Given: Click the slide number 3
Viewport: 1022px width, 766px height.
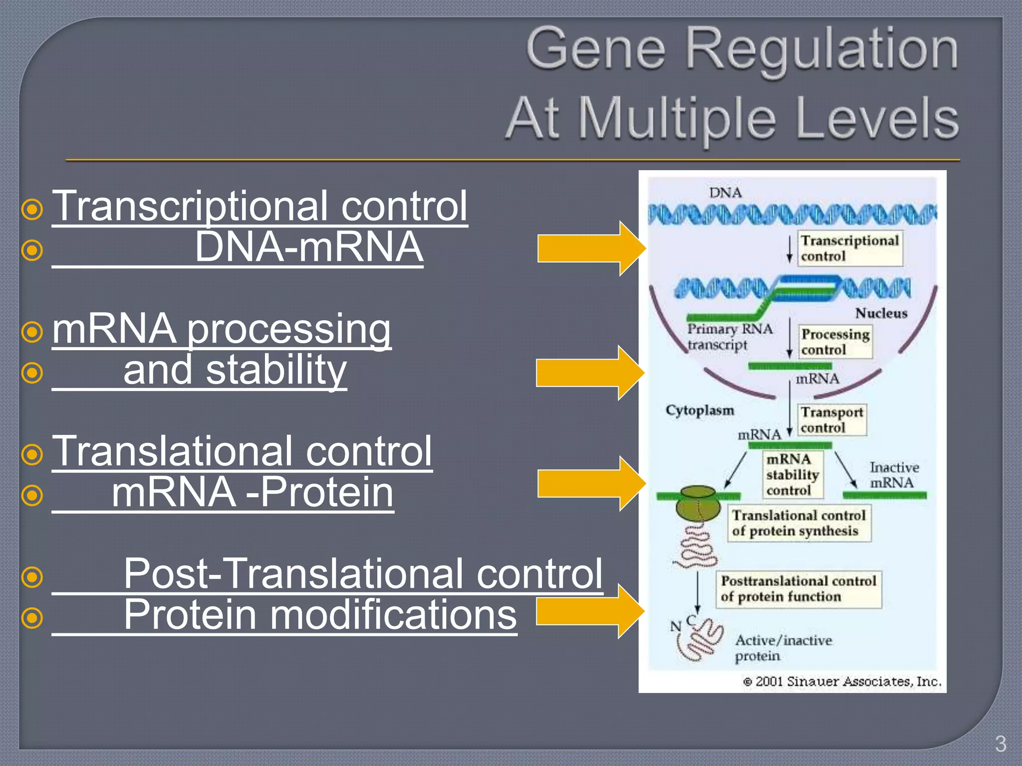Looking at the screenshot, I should [x=1000, y=744].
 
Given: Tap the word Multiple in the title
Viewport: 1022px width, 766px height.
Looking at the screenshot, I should [x=677, y=119].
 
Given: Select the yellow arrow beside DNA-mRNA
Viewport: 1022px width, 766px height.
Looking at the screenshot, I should [x=591, y=248].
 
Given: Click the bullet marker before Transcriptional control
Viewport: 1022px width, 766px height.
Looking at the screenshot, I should [x=32, y=209].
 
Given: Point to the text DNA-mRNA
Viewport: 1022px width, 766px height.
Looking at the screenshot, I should [x=309, y=247].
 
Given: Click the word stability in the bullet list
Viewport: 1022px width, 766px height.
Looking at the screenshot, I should [x=276, y=370].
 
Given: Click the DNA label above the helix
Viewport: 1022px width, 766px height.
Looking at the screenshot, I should [x=725, y=193].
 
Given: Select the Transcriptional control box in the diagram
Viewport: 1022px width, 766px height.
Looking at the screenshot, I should [x=849, y=248].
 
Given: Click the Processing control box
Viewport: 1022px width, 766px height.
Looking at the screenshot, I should [x=835, y=342].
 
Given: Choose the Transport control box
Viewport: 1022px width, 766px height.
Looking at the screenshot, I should [x=831, y=419].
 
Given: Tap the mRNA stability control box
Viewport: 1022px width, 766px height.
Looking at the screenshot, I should [x=792, y=474].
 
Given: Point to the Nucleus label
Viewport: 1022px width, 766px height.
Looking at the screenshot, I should [x=881, y=313].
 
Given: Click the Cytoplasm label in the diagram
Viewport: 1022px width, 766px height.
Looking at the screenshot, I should [x=700, y=410].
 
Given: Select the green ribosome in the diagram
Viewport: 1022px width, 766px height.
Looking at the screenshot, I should [x=698, y=503].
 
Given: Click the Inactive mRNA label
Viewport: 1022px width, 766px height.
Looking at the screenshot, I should [x=894, y=475].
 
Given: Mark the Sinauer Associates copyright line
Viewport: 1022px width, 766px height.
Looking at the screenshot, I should [x=842, y=681].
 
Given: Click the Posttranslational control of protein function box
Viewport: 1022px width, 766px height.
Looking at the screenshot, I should [x=798, y=589].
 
